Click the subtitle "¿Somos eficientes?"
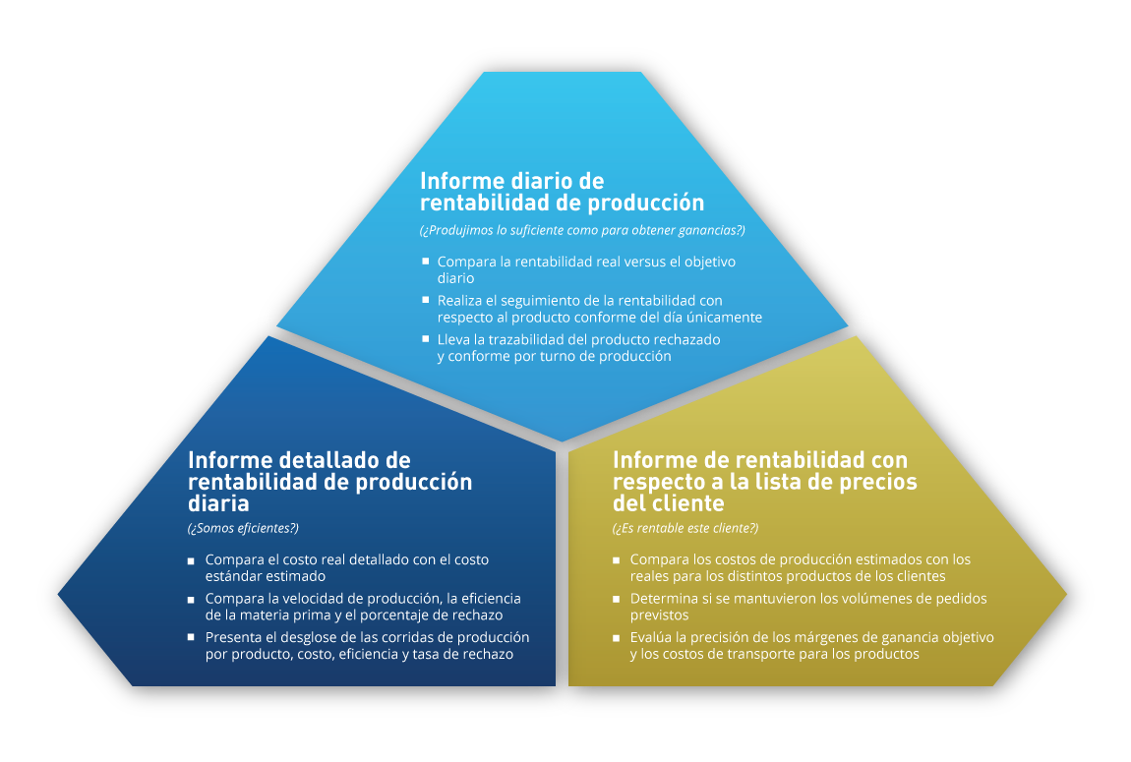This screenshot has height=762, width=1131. click(x=243, y=528)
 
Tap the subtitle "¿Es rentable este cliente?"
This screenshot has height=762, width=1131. click(x=685, y=528)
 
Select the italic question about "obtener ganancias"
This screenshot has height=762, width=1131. click(x=582, y=231)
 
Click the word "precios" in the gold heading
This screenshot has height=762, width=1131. click(x=878, y=482)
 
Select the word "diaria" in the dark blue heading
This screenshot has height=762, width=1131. click(x=218, y=503)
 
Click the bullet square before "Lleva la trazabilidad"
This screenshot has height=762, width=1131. click(x=426, y=339)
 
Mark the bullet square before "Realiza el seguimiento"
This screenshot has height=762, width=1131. click(x=426, y=300)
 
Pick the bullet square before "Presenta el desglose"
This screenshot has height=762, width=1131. click(x=191, y=637)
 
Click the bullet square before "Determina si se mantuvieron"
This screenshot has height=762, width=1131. click(x=616, y=599)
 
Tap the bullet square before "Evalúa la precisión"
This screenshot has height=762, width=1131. click(x=616, y=638)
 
